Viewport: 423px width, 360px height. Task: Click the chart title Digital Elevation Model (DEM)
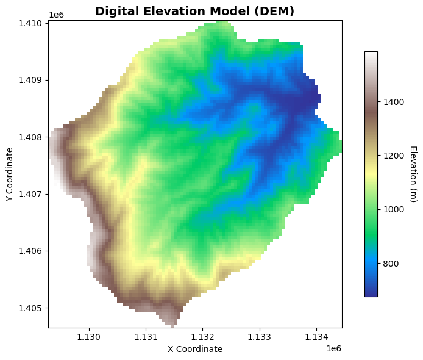(x=194, y=11)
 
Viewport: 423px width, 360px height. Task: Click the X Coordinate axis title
(x=195, y=349)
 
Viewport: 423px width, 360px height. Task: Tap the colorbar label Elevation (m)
(x=412, y=174)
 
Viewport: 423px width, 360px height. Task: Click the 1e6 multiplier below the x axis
(x=333, y=348)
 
